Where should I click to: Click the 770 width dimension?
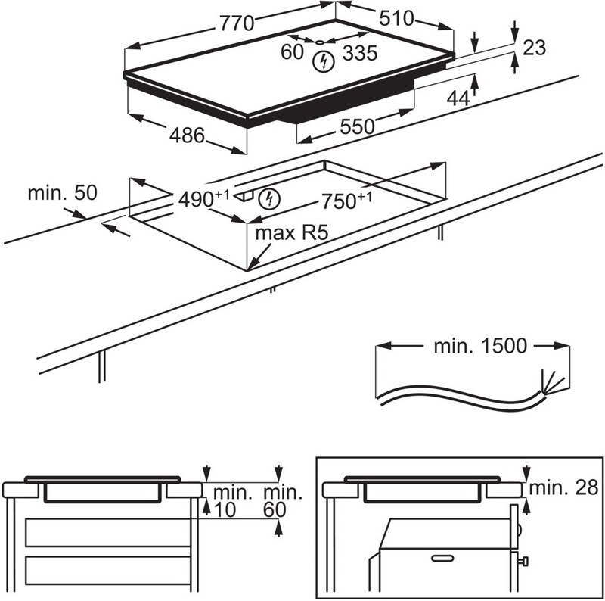coord(237,23)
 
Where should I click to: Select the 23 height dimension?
coord(534,48)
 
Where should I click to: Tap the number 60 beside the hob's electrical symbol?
coord(292,52)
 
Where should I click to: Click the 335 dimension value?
coord(359,53)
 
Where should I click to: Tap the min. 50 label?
coord(63,193)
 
